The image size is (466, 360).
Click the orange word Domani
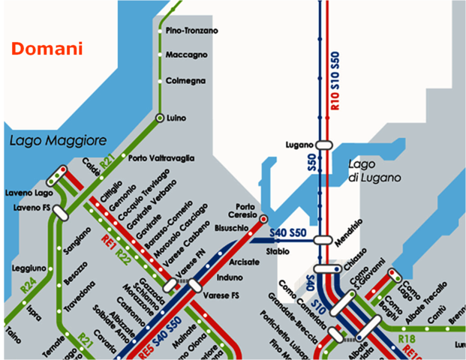(47, 49)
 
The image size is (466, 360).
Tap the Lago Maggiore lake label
(59, 140)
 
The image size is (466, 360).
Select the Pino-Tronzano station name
(191, 31)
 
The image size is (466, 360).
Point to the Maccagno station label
(186, 55)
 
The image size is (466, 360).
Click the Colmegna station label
(185, 80)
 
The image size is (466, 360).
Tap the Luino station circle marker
(160, 118)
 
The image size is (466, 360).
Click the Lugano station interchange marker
(324, 144)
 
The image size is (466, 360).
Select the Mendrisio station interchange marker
(323, 240)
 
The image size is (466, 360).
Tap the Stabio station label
(277, 251)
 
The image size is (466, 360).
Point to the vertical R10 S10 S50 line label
(335, 82)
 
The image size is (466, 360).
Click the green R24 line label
(28, 285)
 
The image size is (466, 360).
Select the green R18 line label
(407, 339)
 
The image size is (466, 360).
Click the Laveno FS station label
(31, 207)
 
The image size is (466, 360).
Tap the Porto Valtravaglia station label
(161, 158)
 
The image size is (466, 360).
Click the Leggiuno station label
(29, 268)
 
